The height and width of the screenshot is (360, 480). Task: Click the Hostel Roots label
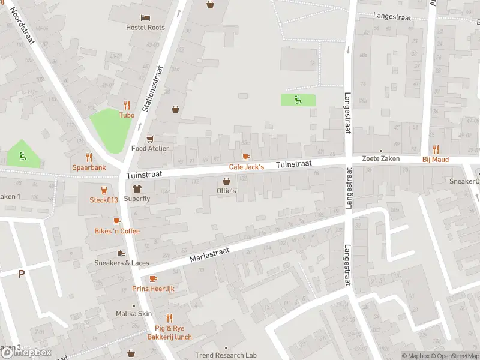(145, 28)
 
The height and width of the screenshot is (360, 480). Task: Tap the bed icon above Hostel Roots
(145, 17)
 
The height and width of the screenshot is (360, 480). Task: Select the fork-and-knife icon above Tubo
(127, 104)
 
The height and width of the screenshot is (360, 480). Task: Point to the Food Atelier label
(150, 148)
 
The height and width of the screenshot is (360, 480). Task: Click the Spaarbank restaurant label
(89, 167)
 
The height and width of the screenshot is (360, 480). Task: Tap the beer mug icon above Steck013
(104, 190)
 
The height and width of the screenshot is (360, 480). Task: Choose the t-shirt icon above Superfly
(137, 188)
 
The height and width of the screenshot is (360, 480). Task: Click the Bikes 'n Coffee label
(117, 231)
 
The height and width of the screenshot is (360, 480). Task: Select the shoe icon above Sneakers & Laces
(121, 253)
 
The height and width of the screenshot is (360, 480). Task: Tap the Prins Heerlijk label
(153, 289)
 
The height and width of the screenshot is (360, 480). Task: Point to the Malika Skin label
(134, 314)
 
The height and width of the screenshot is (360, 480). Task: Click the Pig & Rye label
(170, 328)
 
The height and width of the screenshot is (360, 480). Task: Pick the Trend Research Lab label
(226, 355)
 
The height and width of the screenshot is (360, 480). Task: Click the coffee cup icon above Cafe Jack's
(246, 157)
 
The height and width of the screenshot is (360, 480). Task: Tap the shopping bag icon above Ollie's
(227, 181)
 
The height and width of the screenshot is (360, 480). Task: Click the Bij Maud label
(436, 159)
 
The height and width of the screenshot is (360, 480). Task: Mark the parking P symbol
(22, 274)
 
